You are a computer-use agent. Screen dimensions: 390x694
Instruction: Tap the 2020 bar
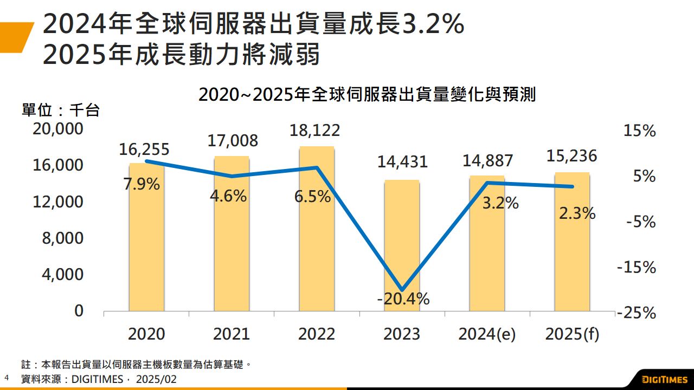tap(146, 249)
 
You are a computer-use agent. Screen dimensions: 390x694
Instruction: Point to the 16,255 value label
tap(144, 149)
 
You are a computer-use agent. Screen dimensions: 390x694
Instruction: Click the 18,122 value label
tap(315, 131)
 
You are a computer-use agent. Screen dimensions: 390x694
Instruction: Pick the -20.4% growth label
tap(402, 298)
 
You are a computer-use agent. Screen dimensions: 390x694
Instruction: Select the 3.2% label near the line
tap(500, 204)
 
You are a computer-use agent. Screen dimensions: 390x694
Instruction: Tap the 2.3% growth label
tap(577, 213)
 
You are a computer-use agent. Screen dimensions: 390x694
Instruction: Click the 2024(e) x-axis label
tap(487, 334)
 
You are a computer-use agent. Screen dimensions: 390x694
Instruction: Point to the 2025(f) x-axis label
tap(572, 334)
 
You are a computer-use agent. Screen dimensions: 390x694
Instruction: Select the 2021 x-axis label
tap(232, 334)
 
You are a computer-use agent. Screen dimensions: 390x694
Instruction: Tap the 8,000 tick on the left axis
tap(63, 239)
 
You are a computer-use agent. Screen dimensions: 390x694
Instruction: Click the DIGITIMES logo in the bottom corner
tap(664, 379)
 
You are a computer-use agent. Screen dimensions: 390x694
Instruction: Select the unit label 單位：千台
tap(61, 111)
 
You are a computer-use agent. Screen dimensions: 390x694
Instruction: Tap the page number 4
tap(7, 377)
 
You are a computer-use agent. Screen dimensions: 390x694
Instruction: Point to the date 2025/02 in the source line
tap(156, 379)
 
